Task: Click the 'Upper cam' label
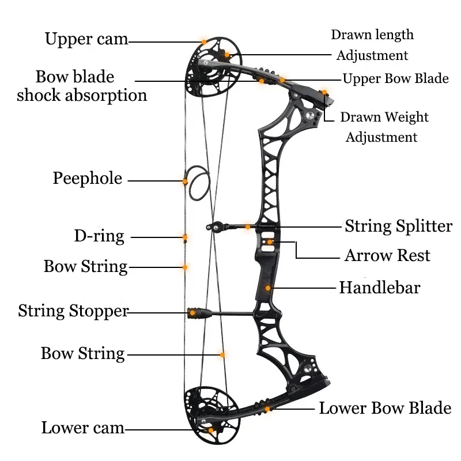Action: [86, 39]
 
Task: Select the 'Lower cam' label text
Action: [83, 428]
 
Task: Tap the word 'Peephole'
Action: [88, 178]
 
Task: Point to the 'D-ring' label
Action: [99, 236]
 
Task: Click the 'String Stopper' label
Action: [73, 311]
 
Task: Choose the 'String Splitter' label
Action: [398, 226]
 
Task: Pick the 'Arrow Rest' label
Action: [387, 255]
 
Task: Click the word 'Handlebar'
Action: [380, 287]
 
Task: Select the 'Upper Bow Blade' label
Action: [395, 79]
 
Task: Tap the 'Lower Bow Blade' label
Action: [385, 409]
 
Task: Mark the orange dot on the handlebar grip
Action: [268, 287]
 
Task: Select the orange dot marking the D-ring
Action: [185, 237]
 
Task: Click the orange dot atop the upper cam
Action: [203, 41]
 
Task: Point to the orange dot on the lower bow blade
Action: [268, 409]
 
